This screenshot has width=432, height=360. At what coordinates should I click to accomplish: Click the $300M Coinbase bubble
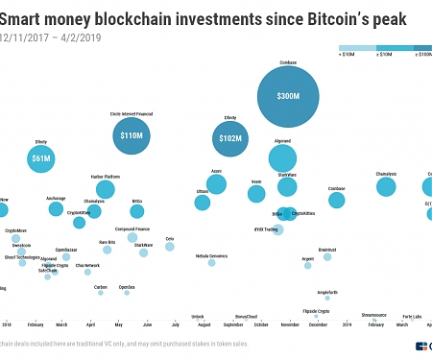[x=288, y=97]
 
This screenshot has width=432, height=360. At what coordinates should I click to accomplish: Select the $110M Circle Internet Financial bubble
[x=132, y=136]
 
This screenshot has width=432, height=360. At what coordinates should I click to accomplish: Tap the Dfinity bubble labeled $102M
[x=230, y=138]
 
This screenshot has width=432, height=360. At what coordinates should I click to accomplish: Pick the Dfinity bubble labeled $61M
[x=41, y=158]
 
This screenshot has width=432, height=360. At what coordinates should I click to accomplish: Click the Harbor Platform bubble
[x=105, y=189]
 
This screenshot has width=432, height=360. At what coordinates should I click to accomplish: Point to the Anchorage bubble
[x=56, y=209]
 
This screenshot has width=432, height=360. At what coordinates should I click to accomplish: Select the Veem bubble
[x=256, y=194]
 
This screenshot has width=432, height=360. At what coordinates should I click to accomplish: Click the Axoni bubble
[x=216, y=184]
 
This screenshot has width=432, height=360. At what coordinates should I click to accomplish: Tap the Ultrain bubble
[x=202, y=203]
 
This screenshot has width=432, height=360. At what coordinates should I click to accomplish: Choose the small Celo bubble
[x=170, y=247]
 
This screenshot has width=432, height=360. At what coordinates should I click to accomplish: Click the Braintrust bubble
[x=327, y=257]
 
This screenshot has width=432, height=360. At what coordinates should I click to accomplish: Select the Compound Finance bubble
[x=132, y=237]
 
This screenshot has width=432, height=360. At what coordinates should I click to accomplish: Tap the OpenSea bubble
[x=127, y=295]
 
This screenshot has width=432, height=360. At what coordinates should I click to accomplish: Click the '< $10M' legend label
[x=351, y=56]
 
